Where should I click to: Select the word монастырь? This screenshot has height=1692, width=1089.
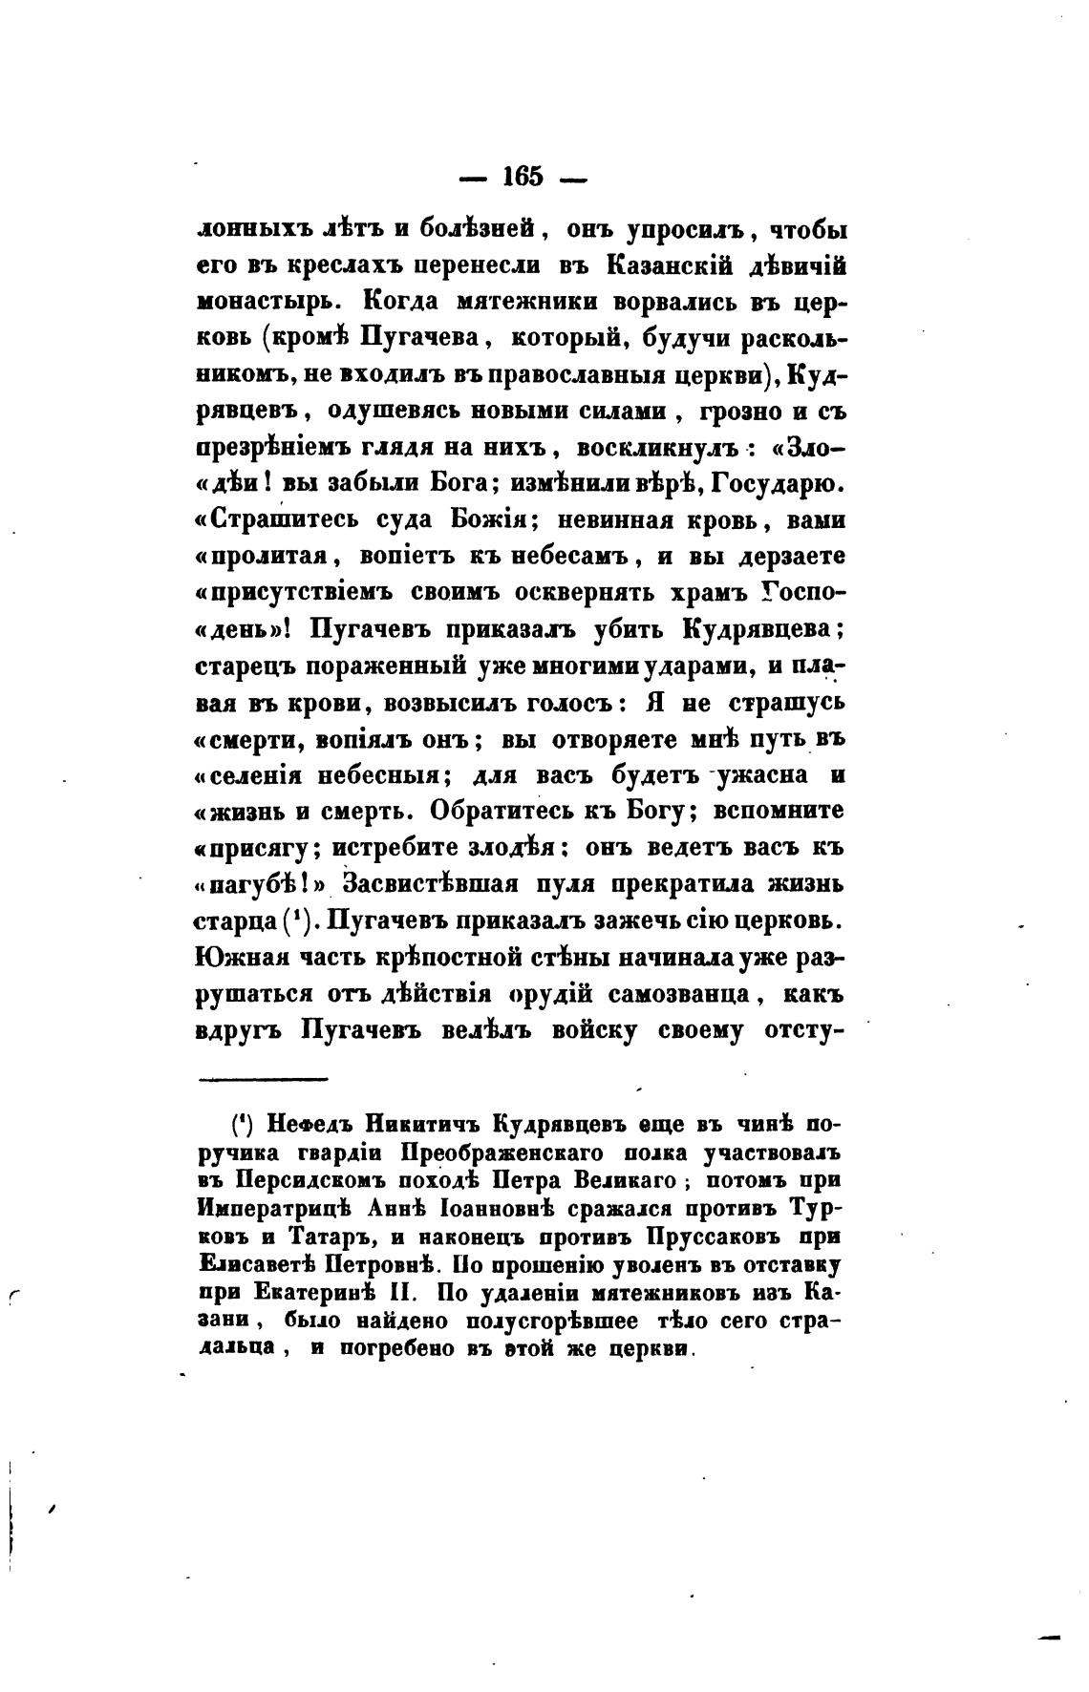(x=264, y=303)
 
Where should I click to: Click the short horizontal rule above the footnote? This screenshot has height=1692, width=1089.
(x=263, y=1080)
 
